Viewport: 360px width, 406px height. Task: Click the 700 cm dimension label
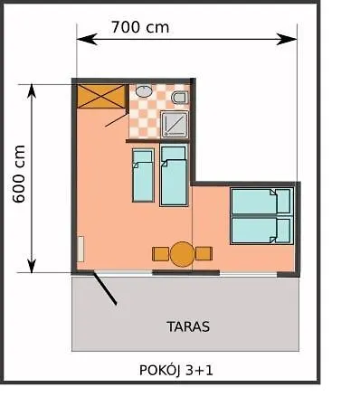pos(139,26)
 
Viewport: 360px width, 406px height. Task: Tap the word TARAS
pos(188,326)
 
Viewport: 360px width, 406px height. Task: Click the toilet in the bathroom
pos(179,97)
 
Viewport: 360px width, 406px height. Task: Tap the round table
pos(183,254)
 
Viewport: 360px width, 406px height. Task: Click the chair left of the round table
pos(160,254)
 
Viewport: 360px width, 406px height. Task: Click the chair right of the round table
pos(204,254)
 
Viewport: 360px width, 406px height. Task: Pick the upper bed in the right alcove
pos(261,202)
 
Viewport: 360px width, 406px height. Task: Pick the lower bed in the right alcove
pos(261,230)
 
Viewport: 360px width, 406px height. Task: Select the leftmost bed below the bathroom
pos(142,175)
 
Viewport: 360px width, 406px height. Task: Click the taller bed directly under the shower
pos(173,181)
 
